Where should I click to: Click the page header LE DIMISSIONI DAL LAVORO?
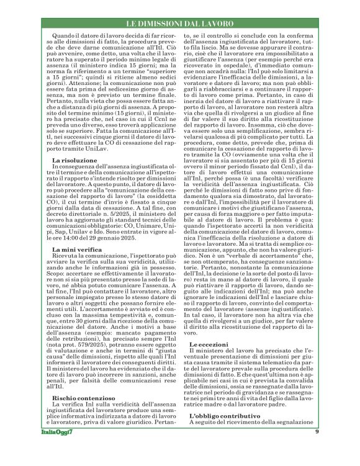pyautogui.click(x=180, y=23)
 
